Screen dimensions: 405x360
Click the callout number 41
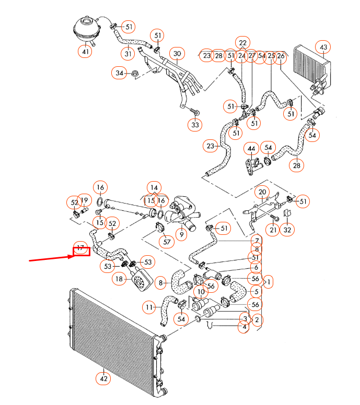pyautogui.click(x=85, y=51)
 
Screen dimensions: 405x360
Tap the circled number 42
pyautogui.click(x=103, y=378)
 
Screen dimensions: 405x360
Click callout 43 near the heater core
pyautogui.click(x=323, y=48)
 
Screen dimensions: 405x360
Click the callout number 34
pyautogui.click(x=120, y=74)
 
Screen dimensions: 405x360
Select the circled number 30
pyautogui.click(x=177, y=54)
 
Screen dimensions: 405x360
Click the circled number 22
pyautogui.click(x=242, y=42)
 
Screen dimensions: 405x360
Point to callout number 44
pyautogui.click(x=251, y=149)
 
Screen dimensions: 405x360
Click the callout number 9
pyautogui.click(x=181, y=235)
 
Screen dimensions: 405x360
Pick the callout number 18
pyautogui.click(x=120, y=279)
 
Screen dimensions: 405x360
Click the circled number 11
pyautogui.click(x=150, y=307)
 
